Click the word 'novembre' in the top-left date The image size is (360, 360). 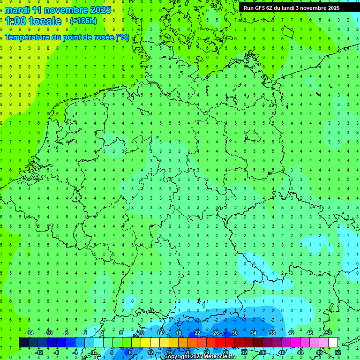click(x=65, y=10)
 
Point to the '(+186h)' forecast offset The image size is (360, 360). click(x=83, y=21)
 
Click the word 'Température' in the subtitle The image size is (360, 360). click(x=29, y=37)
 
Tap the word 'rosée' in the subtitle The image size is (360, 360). click(x=103, y=37)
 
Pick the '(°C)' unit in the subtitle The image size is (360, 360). click(x=123, y=37)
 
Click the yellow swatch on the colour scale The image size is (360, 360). click(x=146, y=343)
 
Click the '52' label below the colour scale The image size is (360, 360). click(x=338, y=352)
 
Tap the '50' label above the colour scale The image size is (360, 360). click(x=329, y=333)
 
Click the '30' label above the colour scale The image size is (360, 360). click(x=235, y=333)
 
